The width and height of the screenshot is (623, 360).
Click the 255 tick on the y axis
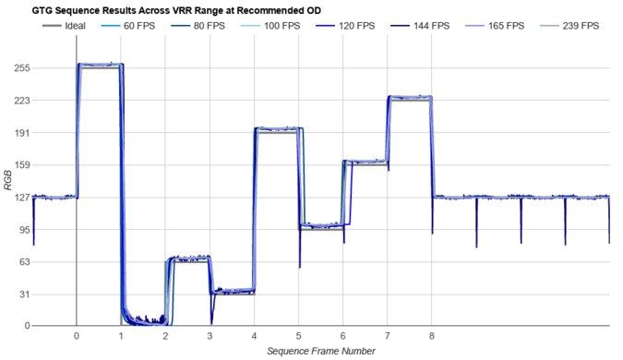coord(19,68)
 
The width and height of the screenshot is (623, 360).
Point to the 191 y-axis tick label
coord(19,133)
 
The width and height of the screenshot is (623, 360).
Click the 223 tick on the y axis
coord(19,101)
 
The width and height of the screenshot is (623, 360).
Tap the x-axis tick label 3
coord(210,337)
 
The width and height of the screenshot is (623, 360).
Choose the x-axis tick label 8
coord(431,337)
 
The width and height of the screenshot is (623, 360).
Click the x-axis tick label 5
coord(298,337)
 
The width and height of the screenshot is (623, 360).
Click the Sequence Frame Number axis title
coord(320,352)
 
